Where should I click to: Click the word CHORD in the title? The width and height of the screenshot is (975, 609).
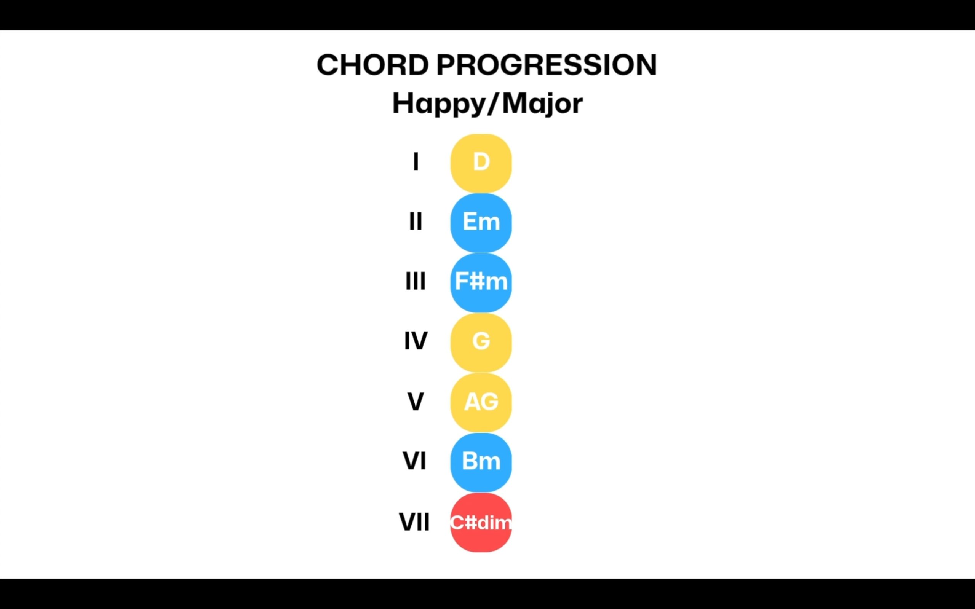373,65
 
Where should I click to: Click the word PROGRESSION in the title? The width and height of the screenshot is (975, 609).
547,65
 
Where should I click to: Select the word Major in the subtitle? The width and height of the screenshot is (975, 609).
542,104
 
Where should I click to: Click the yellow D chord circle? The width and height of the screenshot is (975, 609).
481,163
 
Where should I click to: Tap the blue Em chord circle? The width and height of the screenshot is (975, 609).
481,223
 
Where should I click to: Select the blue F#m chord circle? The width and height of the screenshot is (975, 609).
481,282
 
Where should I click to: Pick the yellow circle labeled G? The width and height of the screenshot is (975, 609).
481,342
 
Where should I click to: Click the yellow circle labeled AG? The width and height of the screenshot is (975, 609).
481,402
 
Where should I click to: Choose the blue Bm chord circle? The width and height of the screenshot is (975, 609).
481,462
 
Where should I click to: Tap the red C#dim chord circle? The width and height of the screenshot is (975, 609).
481,522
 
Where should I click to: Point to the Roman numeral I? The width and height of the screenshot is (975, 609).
416,161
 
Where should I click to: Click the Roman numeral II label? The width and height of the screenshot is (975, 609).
416,221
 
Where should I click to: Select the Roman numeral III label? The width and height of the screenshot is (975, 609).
416,281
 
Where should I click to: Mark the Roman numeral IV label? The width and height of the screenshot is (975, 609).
416,341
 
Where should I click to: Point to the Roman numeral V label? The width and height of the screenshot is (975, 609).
416,401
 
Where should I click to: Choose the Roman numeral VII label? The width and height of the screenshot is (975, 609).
414,522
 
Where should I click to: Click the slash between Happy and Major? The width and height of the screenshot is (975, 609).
494,104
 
